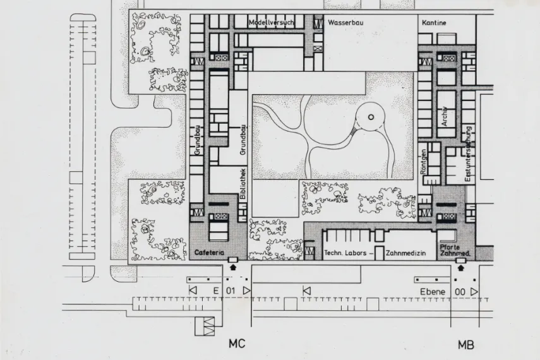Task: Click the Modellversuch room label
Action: (x=272, y=23)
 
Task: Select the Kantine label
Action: (x=434, y=23)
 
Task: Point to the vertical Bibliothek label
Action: (x=243, y=184)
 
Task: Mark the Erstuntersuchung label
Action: (x=468, y=154)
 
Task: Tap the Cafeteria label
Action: (x=209, y=253)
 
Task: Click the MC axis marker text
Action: (x=237, y=344)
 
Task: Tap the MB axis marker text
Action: (x=466, y=345)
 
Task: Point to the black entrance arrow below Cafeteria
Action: (x=232, y=267)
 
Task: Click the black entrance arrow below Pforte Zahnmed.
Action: (x=460, y=267)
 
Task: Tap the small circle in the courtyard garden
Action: (x=369, y=117)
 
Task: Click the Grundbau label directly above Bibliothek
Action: (x=243, y=140)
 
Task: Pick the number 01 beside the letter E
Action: (x=231, y=291)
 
